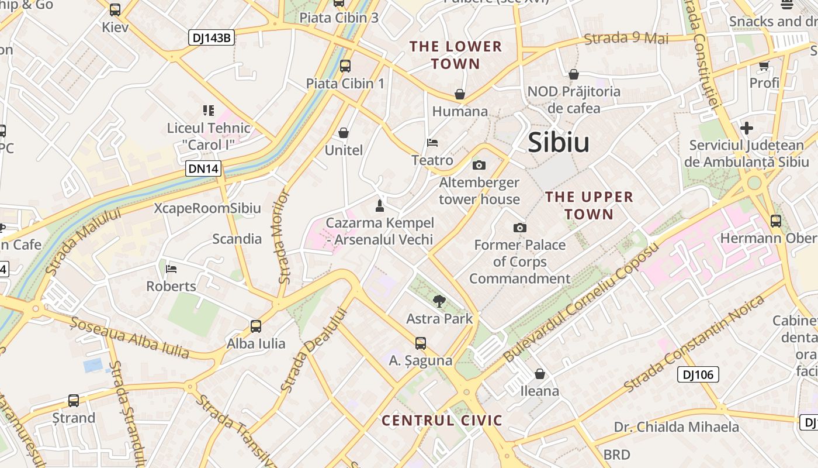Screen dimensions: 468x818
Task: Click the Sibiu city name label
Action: pyautogui.click(x=559, y=143)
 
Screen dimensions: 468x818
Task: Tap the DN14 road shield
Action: pyautogui.click(x=204, y=169)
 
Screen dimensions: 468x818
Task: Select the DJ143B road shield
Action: pyautogui.click(x=212, y=39)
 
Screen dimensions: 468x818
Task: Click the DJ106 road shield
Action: pyautogui.click(x=698, y=374)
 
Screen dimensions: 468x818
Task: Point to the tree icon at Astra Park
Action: pyautogui.click(x=439, y=301)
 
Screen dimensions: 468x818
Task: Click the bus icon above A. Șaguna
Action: pyautogui.click(x=421, y=343)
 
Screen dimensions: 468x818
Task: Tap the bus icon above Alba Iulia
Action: pyautogui.click(x=256, y=326)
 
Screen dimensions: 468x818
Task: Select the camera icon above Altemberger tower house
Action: pyautogui.click(x=479, y=166)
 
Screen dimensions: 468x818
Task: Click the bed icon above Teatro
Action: pyautogui.click(x=432, y=143)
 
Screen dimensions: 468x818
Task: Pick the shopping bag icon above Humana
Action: pyautogui.click(x=460, y=94)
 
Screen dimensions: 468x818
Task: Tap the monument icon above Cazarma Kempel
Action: pyautogui.click(x=380, y=205)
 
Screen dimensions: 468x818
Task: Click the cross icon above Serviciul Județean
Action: pyautogui.click(x=746, y=128)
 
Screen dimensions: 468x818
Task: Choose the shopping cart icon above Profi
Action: pyautogui.click(x=764, y=66)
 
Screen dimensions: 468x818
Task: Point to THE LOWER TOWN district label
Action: pyautogui.click(x=456, y=55)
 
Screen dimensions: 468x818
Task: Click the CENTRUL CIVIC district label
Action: pyautogui.click(x=442, y=421)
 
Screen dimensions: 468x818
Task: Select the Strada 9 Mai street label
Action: pyautogui.click(x=626, y=39)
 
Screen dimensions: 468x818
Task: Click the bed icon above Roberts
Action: pyautogui.click(x=171, y=269)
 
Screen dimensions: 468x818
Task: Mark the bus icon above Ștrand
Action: pyautogui.click(x=74, y=401)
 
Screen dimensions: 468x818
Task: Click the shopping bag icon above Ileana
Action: pyautogui.click(x=540, y=373)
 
